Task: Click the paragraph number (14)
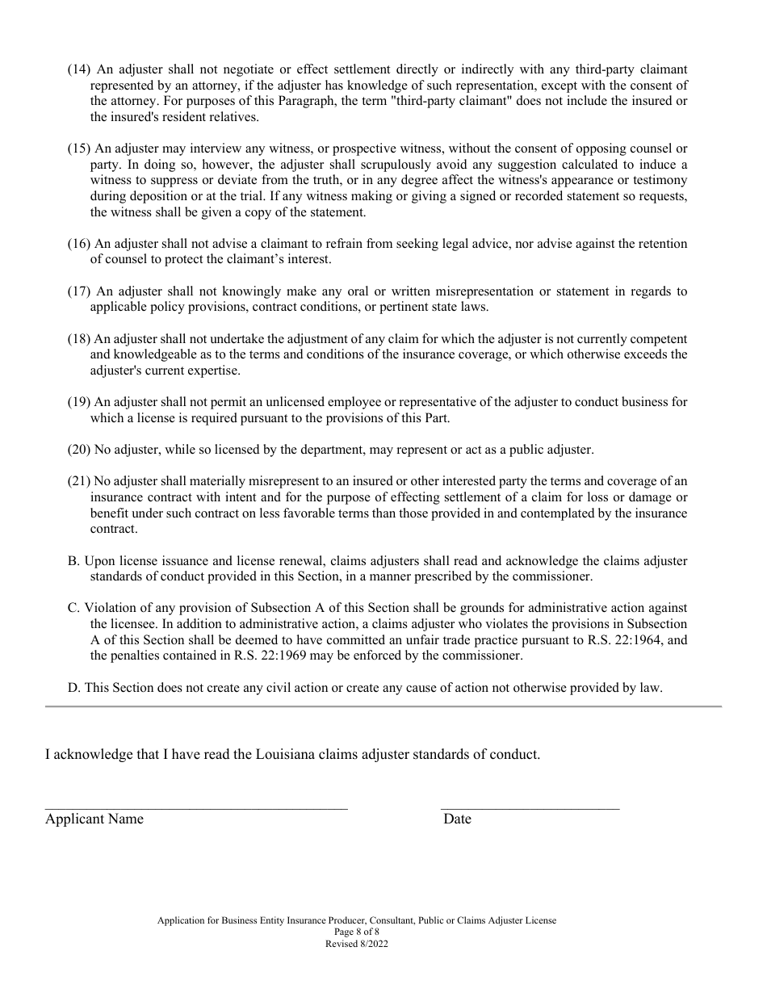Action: pyautogui.click(x=79, y=70)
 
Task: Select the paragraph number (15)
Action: pyautogui.click(x=79, y=149)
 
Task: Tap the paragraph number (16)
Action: pyautogui.click(x=79, y=244)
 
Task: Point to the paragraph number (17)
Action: pyautogui.click(x=79, y=291)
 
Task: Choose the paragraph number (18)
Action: pyautogui.click(x=79, y=339)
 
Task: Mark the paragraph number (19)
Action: pyautogui.click(x=79, y=402)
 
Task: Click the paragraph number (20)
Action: pyautogui.click(x=79, y=450)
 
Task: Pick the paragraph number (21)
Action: pyautogui.click(x=79, y=481)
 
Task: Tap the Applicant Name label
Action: pyautogui.click(x=94, y=819)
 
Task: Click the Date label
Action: pyautogui.click(x=457, y=819)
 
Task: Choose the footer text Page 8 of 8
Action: pyautogui.click(x=357, y=932)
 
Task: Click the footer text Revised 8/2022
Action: pyautogui.click(x=357, y=943)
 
